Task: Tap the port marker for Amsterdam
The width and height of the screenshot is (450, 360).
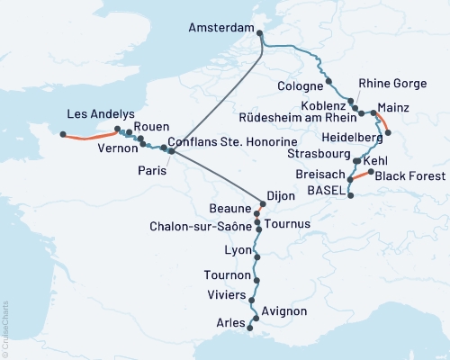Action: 261,34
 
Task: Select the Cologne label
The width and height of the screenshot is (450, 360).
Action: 301,86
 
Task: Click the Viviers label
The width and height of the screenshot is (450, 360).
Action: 226,292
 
